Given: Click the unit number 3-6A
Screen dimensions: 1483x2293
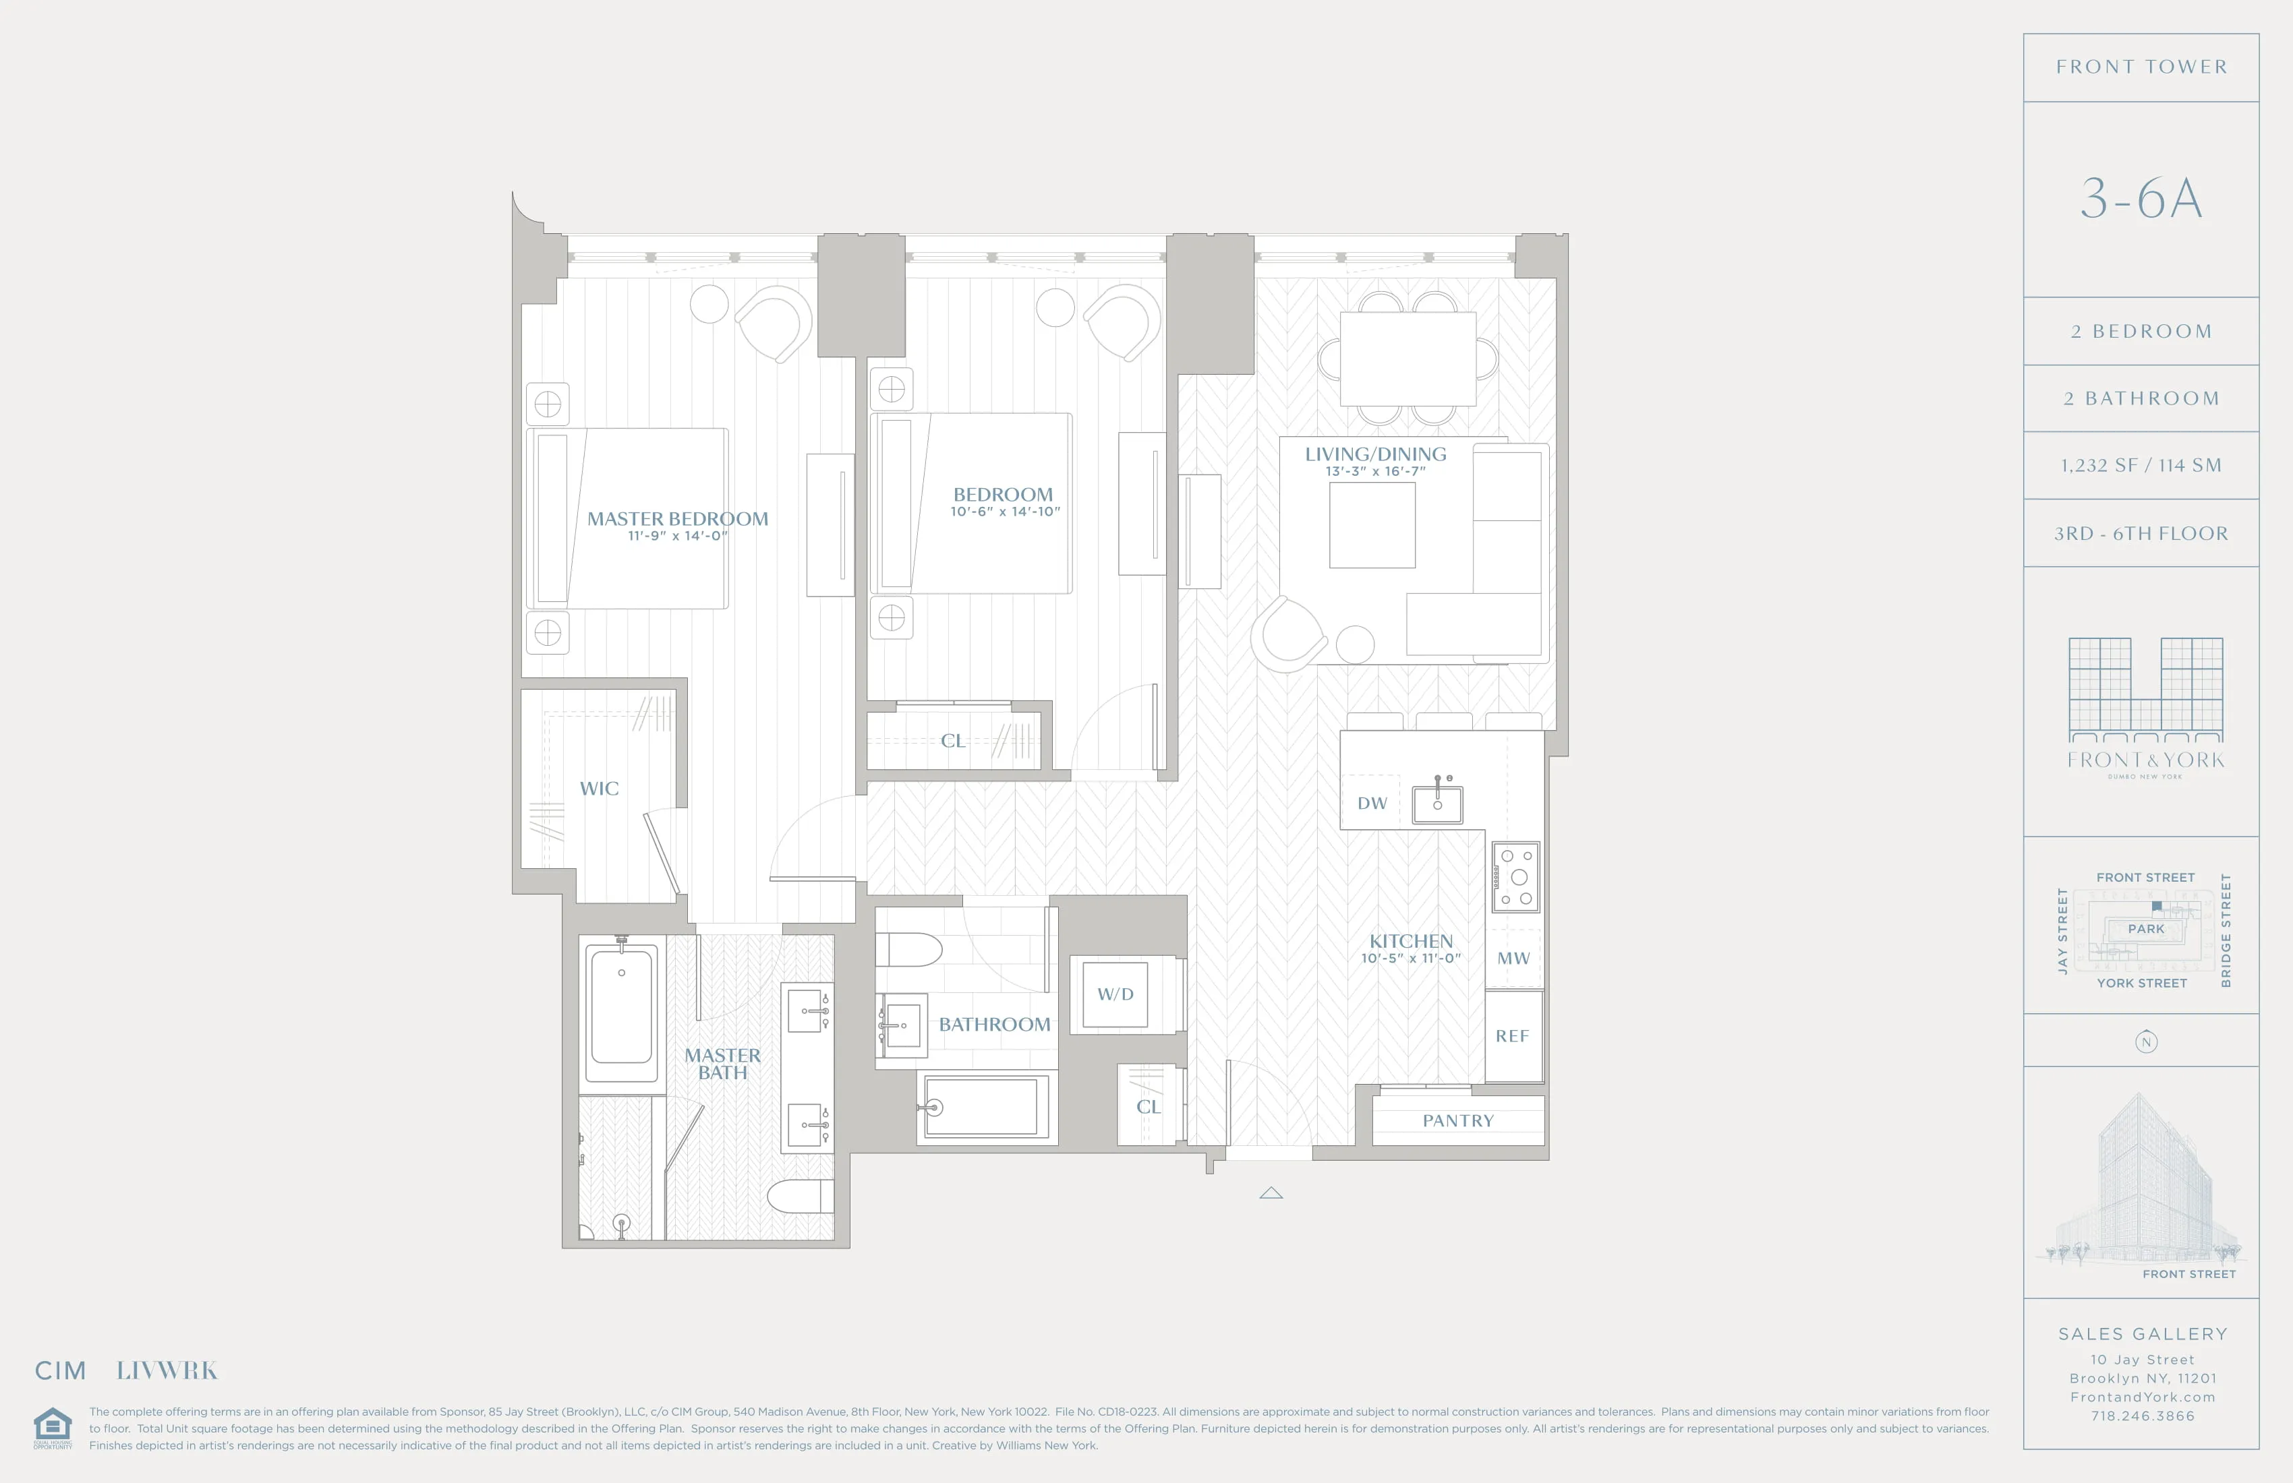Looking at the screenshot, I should coord(2141,200).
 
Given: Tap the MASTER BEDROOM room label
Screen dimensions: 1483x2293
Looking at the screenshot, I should coord(677,519).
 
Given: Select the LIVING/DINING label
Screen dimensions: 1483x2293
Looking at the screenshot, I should coord(1375,454).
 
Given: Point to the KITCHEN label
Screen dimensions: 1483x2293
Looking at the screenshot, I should coord(1410,942).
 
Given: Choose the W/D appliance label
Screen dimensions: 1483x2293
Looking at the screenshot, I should coord(1115,994).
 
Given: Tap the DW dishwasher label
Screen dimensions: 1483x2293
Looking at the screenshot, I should coord(1372,803).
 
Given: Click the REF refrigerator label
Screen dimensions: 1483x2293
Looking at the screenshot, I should coord(1511,1036).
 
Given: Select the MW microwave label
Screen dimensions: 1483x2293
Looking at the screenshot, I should coord(1513,958).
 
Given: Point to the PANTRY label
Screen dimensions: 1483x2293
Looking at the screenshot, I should coord(1457,1121).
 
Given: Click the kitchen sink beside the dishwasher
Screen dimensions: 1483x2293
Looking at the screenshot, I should coord(1436,803).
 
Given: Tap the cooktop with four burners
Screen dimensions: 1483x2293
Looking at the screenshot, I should coord(1515,877).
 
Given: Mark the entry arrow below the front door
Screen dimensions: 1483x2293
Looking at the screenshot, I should coord(1271,1193).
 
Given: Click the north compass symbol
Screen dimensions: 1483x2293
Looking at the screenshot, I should coord(2145,1042).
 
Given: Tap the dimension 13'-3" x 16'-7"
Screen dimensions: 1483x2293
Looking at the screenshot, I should coord(1375,472).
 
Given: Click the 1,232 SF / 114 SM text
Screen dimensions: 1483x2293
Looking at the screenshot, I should coord(2141,466).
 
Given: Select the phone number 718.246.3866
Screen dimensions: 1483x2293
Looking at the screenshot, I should coord(2142,1416).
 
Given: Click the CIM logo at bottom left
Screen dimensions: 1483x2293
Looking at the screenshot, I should coord(61,1370).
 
